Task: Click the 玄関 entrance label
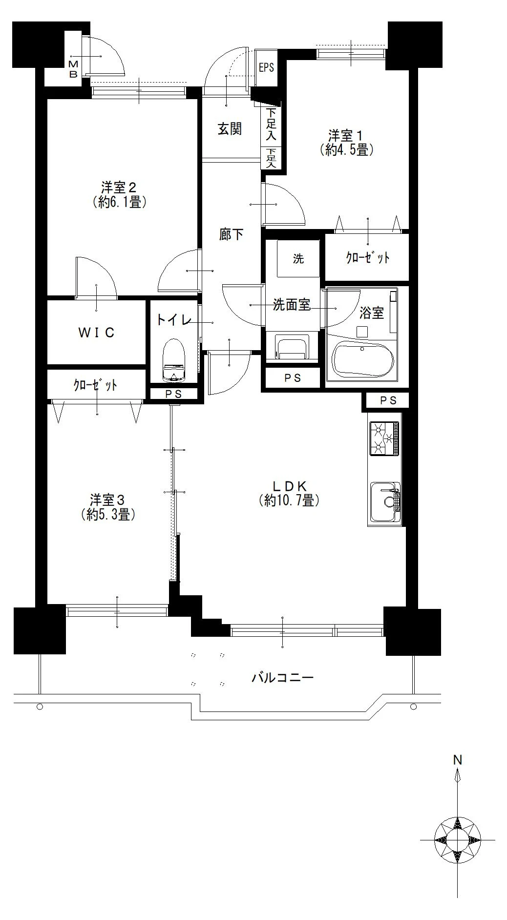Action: coord(230,129)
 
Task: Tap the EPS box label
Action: coord(267,67)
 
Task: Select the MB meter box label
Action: coord(73,69)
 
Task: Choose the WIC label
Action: coord(97,333)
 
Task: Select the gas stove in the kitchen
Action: coord(384,439)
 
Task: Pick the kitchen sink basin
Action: coord(385,502)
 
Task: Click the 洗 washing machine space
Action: coord(298,259)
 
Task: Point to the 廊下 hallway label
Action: coord(231,234)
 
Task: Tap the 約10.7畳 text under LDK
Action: coord(289,501)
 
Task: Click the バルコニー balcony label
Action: coord(283,677)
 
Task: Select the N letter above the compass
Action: coord(458,760)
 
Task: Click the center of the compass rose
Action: coord(458,840)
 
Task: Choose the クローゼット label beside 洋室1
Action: coord(368,257)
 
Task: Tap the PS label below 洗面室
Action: coord(293,378)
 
